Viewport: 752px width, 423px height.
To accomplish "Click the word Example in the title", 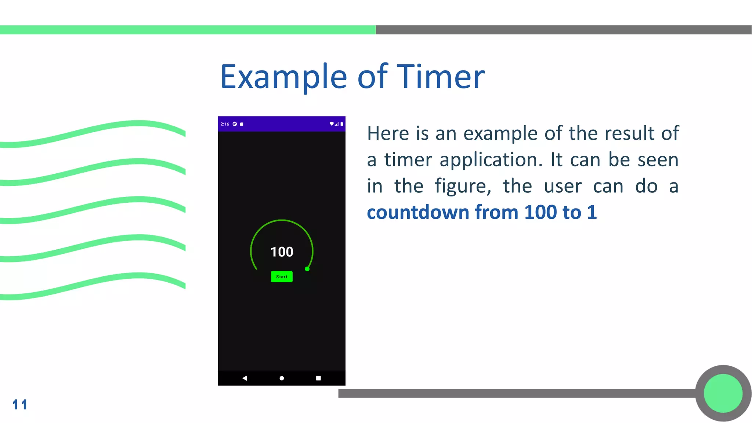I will point(283,77).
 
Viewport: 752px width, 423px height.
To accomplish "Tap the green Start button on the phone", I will point(282,276).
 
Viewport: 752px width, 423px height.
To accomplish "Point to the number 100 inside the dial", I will point(282,252).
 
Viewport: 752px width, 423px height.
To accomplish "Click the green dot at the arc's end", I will point(307,269).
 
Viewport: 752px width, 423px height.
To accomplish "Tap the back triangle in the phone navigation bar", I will point(245,378).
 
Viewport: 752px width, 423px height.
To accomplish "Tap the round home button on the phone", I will point(282,378).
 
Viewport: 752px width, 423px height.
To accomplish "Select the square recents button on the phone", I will point(318,378).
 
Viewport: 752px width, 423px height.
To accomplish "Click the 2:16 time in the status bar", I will point(225,124).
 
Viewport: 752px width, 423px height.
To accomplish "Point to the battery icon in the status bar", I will point(342,124).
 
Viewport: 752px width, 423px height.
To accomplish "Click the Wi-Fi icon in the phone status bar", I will point(332,124).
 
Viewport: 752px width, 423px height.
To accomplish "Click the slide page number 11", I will point(20,405).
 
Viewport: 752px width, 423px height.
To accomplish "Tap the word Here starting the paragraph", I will point(388,133).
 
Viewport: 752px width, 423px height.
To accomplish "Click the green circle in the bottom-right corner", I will point(723,393).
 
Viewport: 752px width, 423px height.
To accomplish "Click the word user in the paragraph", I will point(563,187).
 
